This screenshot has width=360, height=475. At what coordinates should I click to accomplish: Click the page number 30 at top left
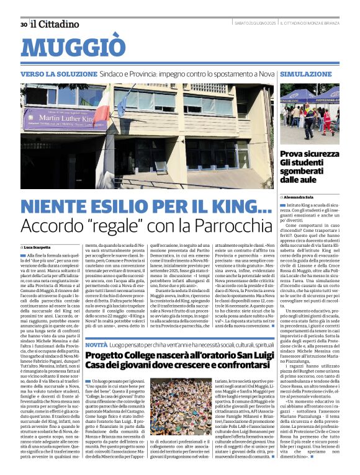(x=24, y=24)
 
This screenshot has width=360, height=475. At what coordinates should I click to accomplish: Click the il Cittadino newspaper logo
(x=56, y=24)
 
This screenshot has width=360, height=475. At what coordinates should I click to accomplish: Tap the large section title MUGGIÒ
(x=77, y=48)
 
